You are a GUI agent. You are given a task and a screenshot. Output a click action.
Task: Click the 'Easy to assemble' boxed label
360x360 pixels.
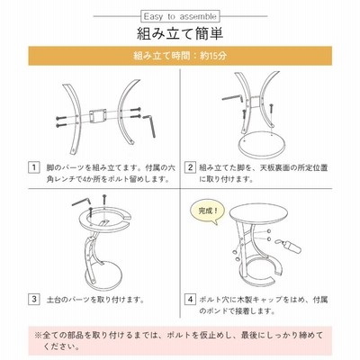pos(180,16)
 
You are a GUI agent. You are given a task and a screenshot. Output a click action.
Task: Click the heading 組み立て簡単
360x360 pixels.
pos(180,33)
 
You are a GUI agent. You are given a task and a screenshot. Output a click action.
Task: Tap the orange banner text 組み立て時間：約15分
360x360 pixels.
pos(180,56)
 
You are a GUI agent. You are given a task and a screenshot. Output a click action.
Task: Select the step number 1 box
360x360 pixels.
pos(34,167)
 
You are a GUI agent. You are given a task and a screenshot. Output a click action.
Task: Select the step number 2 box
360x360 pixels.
pos(190,167)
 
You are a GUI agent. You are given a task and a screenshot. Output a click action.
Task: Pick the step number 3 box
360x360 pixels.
pos(34,299)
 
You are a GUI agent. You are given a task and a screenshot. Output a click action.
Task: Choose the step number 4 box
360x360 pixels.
pos(190,299)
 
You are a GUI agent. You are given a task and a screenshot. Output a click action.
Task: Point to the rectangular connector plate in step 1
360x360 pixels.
pos(99,116)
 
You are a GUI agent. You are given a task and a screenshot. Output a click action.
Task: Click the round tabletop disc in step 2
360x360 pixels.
pos(262,146)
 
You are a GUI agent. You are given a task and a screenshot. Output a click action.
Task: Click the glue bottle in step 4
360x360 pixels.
pos(290,246)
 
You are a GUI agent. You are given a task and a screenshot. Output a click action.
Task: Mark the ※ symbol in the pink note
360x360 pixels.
pos(38,335)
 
